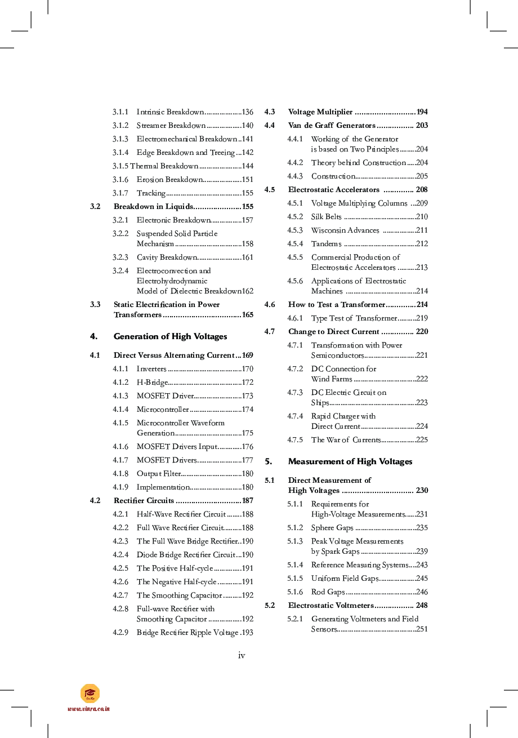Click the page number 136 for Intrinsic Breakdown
point(247,112)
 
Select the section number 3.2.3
point(120,257)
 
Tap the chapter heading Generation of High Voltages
point(170,336)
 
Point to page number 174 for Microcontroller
point(247,410)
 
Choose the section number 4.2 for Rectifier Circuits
point(95,501)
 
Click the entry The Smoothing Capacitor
point(180,595)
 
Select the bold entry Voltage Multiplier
point(320,112)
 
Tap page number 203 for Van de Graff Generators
point(422,126)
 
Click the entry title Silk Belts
point(326,217)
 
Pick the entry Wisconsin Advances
point(345,230)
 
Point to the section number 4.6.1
point(295,318)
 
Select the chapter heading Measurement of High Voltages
point(350,461)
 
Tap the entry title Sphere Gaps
point(332,528)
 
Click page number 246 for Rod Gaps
point(422,592)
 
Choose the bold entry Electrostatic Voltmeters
point(331,606)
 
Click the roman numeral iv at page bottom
point(242,655)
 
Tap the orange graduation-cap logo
point(90,693)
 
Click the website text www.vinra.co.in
point(88,709)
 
